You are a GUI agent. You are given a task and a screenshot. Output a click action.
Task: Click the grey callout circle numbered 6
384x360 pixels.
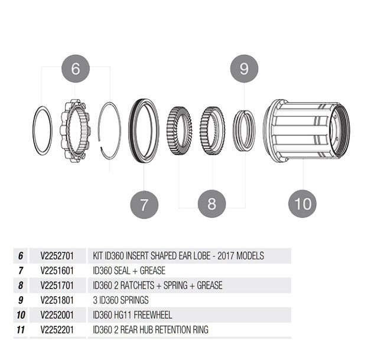click(75, 68)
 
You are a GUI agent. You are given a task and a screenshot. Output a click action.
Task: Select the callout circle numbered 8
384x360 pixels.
click(211, 204)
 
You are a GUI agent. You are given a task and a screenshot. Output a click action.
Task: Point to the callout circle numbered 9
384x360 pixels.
click(244, 68)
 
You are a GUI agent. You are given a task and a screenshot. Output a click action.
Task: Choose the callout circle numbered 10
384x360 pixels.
click(302, 204)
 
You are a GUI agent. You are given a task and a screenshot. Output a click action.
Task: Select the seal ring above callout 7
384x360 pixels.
click(144, 130)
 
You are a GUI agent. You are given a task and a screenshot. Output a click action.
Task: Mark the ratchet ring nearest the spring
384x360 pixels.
click(213, 129)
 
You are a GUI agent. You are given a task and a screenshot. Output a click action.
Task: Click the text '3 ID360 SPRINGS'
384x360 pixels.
click(121, 300)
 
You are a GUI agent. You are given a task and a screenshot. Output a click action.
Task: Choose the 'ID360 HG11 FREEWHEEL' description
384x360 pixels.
click(133, 315)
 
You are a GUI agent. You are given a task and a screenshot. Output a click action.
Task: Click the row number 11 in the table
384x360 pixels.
click(21, 329)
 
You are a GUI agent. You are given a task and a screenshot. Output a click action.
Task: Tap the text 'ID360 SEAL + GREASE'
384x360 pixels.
click(129, 271)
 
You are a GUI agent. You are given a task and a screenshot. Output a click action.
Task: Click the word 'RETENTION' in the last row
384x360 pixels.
click(167, 329)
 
